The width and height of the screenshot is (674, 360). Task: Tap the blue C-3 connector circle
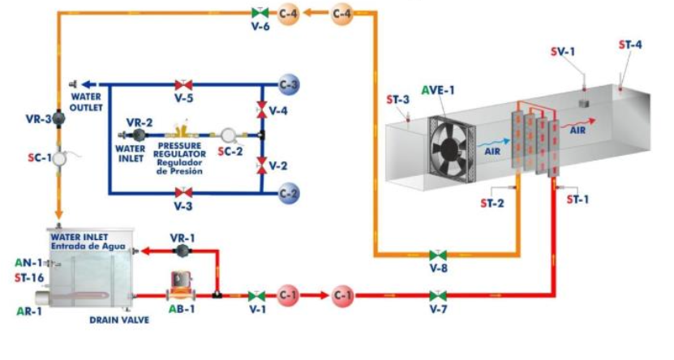tap(290, 84)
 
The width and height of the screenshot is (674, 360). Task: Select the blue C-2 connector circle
tap(290, 193)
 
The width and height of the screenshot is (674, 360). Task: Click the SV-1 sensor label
tap(562, 52)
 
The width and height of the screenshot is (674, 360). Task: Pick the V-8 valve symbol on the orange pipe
tap(439, 255)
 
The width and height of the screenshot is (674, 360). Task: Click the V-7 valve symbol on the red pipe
tap(439, 295)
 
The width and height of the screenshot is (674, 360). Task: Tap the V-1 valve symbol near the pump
tap(258, 295)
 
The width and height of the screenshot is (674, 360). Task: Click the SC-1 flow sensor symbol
tap(59, 159)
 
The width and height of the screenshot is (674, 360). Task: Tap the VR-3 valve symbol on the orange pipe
tap(58, 118)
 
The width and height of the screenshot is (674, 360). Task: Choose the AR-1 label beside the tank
tap(29, 311)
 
